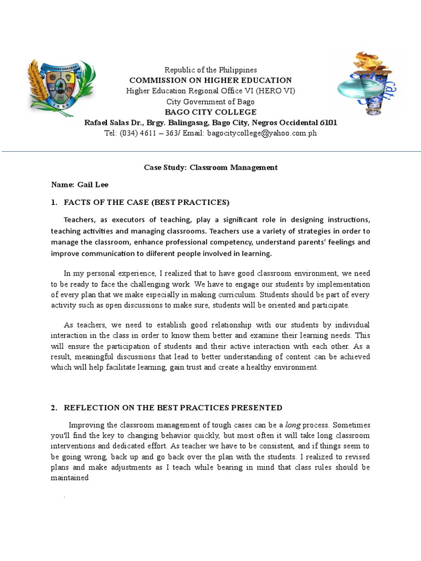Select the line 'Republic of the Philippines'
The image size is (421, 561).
pos(210,70)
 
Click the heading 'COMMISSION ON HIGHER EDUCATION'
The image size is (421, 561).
pos(210,81)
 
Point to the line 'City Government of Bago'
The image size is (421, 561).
pos(210,101)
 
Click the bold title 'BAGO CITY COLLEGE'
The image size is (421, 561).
pos(210,112)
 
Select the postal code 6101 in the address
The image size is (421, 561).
pos(328,122)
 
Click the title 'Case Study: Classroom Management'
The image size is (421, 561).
pos(210,167)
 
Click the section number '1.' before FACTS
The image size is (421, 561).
pos(54,202)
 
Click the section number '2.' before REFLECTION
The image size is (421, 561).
pos(54,408)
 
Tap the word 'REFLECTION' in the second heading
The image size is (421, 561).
pos(89,408)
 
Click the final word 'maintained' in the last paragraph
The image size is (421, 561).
pos(70,477)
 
